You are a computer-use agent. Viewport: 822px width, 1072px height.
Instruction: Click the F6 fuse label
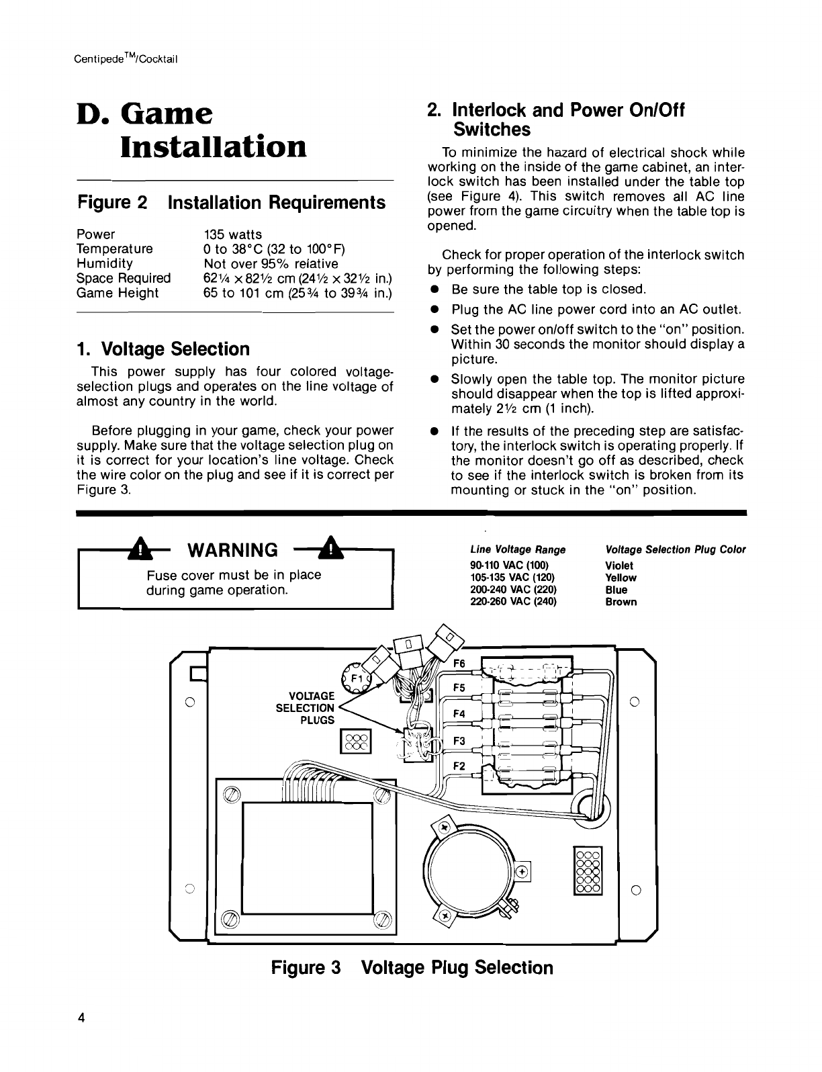[460, 664]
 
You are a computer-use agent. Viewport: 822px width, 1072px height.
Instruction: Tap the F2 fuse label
[460, 766]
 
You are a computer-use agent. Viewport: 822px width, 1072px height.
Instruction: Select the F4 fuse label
[460, 714]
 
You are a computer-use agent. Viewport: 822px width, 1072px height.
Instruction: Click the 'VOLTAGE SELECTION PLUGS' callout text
[306, 707]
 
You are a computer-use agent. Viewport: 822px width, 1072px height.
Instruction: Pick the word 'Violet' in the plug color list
[619, 566]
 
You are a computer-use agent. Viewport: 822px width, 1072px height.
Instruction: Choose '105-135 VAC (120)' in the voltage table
[513, 578]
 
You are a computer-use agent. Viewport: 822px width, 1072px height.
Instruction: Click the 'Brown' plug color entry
[621, 602]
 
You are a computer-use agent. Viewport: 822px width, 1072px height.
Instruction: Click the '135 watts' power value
[232, 234]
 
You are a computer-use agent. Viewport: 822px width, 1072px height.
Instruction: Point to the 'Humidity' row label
[105, 263]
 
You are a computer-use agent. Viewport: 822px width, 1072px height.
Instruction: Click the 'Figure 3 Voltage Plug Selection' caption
[412, 968]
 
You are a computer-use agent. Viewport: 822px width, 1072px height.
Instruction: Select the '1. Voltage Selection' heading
[163, 349]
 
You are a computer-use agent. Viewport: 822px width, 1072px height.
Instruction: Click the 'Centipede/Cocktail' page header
[126, 58]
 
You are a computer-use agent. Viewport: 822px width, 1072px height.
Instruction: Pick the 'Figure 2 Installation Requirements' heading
[232, 202]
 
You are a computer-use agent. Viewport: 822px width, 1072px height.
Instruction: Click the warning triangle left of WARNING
[138, 550]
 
